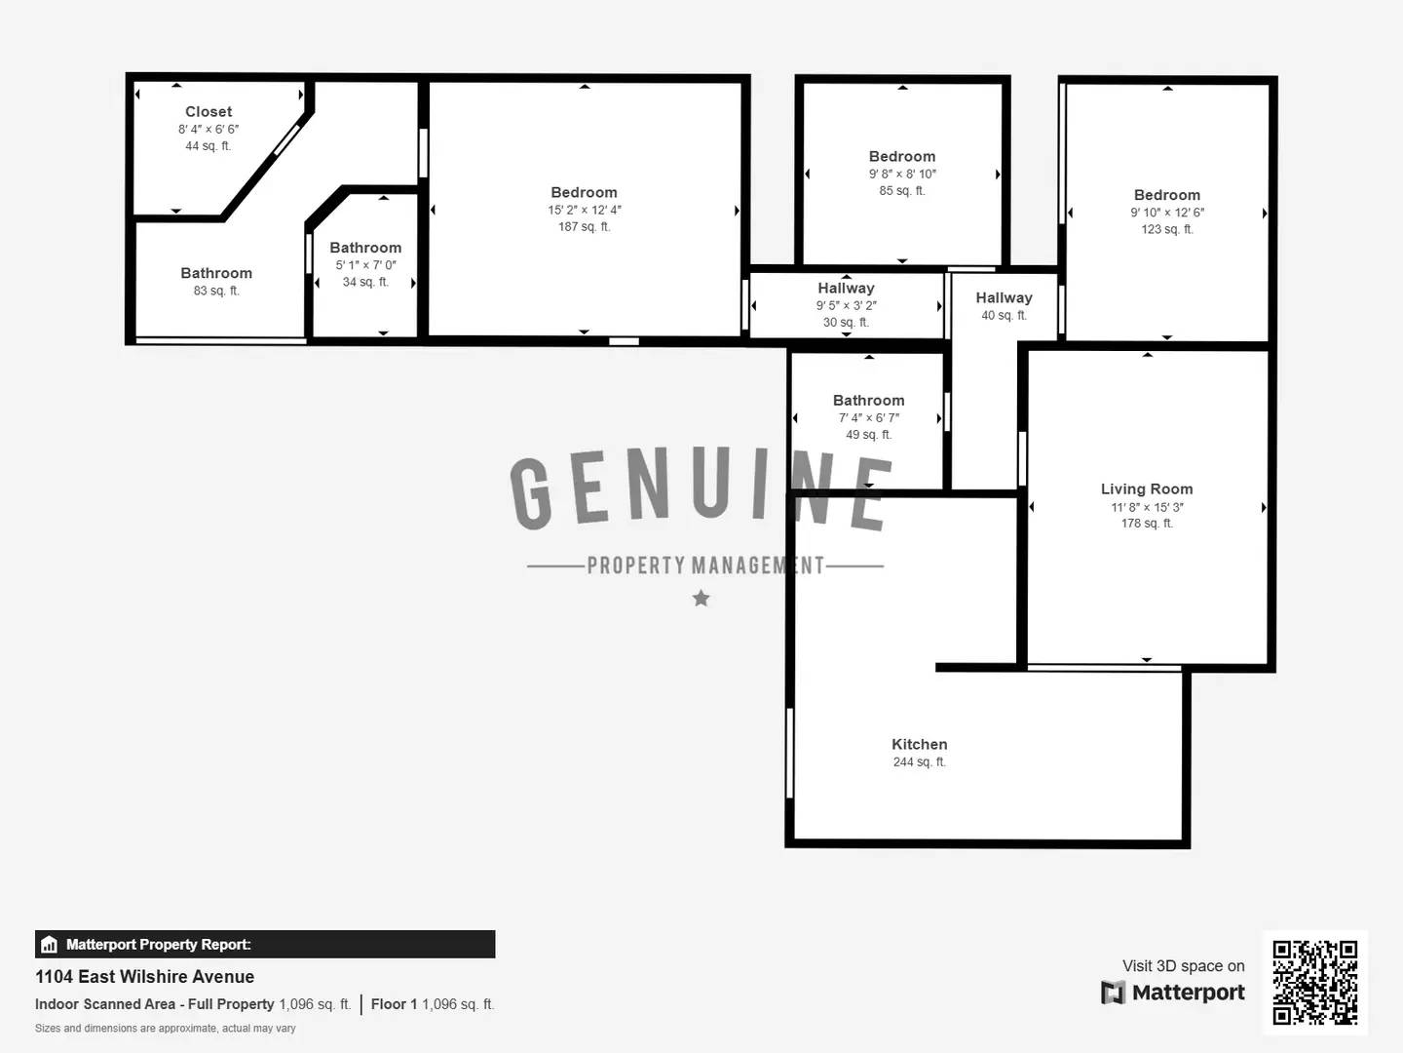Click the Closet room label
pyautogui.click(x=209, y=112)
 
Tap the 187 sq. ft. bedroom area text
pyautogui.click(x=584, y=227)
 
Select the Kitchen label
pyautogui.click(x=919, y=745)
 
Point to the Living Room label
pyautogui.click(x=1146, y=489)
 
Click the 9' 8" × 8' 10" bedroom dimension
pyautogui.click(x=902, y=175)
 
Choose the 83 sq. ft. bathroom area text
pyautogui.click(x=216, y=292)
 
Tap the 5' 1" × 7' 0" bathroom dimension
pyautogui.click(x=365, y=265)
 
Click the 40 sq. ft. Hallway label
pyautogui.click(x=1004, y=298)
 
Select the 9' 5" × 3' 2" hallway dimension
pyautogui.click(x=846, y=306)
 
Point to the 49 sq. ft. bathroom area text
pyautogui.click(x=868, y=435)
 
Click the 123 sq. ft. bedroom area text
pyautogui.click(x=1166, y=230)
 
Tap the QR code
pyautogui.click(x=1314, y=983)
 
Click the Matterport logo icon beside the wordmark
pyautogui.click(x=1113, y=993)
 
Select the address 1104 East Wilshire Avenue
pyautogui.click(x=145, y=977)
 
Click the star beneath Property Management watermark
pyautogui.click(x=701, y=599)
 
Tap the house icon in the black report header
pyautogui.click(x=50, y=945)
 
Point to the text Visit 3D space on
pyautogui.click(x=1183, y=966)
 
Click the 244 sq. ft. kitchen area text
pyautogui.click(x=919, y=762)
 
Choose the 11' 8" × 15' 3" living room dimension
pyautogui.click(x=1147, y=507)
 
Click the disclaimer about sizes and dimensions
pyautogui.click(x=166, y=1029)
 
